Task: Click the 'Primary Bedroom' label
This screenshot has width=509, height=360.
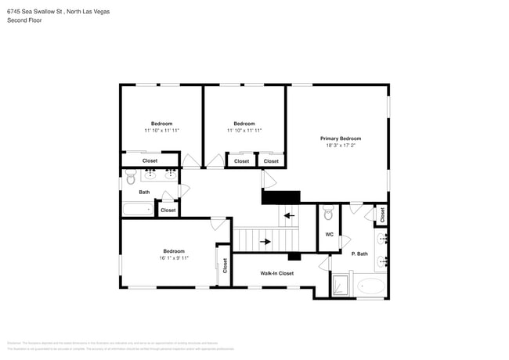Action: point(341,139)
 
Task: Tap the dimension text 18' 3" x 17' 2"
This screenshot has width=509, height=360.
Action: point(341,146)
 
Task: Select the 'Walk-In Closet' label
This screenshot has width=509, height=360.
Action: point(277,273)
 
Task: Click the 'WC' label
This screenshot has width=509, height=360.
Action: point(329,234)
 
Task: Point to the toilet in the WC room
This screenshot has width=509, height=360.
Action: point(329,212)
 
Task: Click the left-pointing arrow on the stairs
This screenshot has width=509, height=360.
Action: point(288,215)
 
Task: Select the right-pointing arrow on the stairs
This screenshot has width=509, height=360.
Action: point(265,242)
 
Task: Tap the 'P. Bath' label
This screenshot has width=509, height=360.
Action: point(359,254)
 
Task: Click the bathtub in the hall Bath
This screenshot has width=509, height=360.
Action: point(139,209)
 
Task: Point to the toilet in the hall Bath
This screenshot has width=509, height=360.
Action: point(130,179)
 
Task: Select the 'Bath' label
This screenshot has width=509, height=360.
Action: point(144,192)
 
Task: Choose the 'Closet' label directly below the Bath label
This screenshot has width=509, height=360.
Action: point(168,210)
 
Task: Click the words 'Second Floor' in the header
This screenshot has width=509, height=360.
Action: point(25,20)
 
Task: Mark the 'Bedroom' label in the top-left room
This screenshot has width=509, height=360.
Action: point(161,124)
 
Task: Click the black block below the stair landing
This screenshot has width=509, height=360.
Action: point(294,256)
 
